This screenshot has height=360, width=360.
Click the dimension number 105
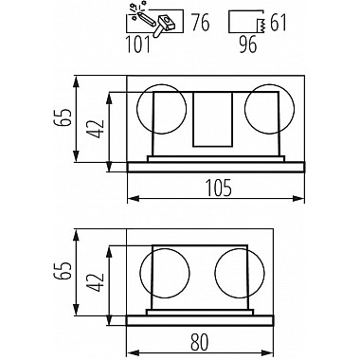(219, 188)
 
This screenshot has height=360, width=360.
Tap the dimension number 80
(199, 341)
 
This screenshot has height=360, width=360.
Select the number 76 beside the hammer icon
(201, 23)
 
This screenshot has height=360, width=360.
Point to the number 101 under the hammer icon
(138, 45)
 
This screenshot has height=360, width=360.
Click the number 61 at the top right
(278, 23)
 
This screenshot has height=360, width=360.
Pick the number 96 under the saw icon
(248, 45)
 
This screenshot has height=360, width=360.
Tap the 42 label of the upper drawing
(96, 129)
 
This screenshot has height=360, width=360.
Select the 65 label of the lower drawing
(62, 270)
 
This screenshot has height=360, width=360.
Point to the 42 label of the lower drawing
(96, 282)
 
